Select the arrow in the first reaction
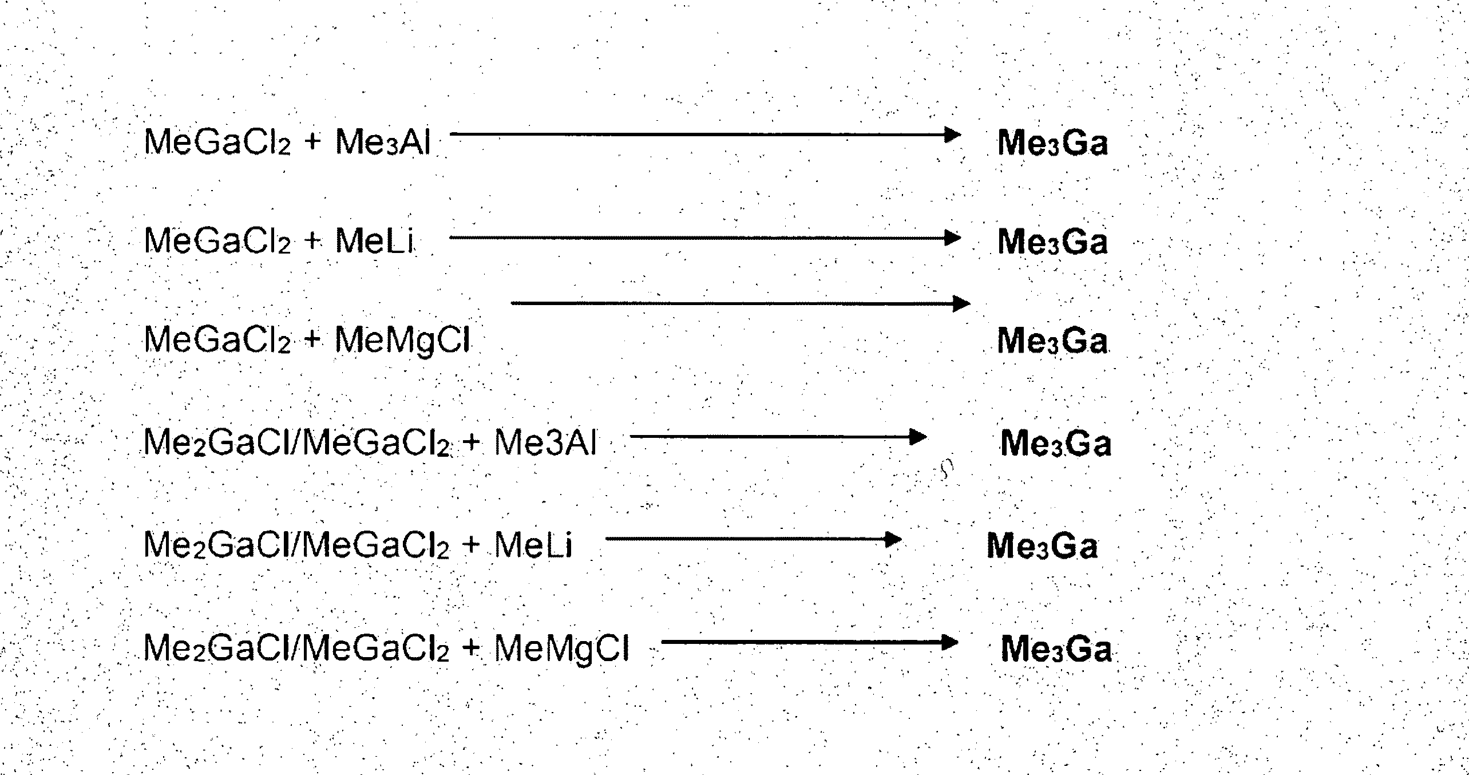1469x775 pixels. (704, 135)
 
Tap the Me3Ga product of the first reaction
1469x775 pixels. (1052, 143)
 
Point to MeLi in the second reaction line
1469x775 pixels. (374, 241)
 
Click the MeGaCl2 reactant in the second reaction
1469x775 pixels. (217, 241)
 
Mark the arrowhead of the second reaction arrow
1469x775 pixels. (952, 238)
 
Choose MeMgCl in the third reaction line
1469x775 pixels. (402, 340)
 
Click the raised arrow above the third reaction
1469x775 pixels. (739, 303)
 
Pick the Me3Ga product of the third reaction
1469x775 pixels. (1052, 341)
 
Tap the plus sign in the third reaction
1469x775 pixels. (312, 340)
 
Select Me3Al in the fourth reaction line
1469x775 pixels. (545, 443)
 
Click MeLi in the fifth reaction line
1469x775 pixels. (533, 545)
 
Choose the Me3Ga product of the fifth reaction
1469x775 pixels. (1042, 546)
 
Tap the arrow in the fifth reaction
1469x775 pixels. (753, 539)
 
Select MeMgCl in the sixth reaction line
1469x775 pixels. (561, 649)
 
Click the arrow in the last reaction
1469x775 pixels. (809, 643)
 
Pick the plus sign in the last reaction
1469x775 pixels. (471, 649)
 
